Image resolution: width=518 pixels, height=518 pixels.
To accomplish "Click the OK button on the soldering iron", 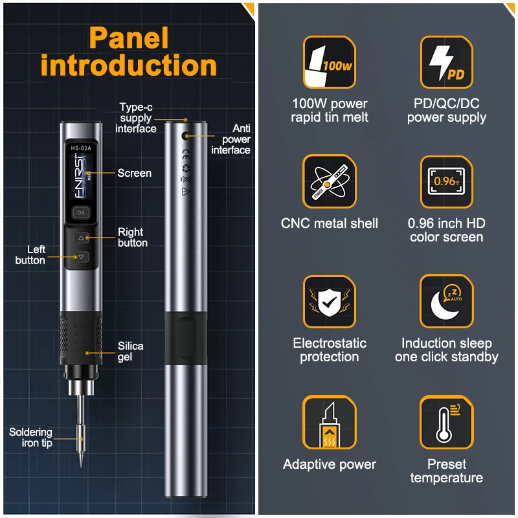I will point(81,212).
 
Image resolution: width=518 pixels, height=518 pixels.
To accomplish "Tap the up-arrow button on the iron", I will point(81,238).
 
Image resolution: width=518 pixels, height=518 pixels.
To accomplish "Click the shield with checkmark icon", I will point(330,301).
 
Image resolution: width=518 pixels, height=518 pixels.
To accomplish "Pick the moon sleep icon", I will point(446,301).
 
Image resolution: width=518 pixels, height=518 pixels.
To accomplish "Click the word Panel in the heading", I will point(129,39).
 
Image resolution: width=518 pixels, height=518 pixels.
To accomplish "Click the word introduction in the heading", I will point(128,66).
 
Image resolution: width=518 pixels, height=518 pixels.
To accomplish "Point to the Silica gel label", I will point(130,351).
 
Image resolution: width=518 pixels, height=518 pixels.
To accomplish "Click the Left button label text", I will point(30,254).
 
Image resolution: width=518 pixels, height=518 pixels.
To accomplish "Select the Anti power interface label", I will point(231,139).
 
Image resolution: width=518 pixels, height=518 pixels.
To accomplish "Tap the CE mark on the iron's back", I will point(185,154).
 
